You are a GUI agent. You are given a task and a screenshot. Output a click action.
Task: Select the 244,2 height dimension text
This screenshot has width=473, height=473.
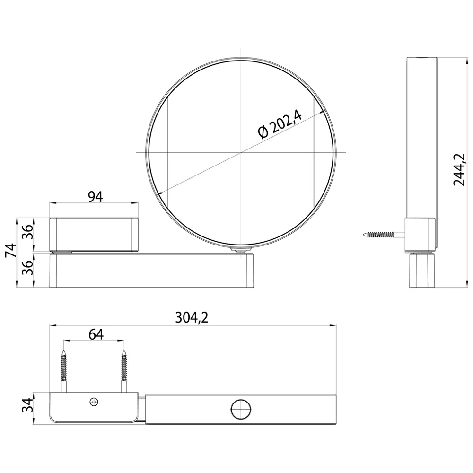point(460,169)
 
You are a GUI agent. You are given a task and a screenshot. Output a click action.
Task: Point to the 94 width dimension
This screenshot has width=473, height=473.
point(95,196)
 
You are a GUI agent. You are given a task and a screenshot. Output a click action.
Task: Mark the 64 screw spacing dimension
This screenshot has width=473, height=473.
point(96,333)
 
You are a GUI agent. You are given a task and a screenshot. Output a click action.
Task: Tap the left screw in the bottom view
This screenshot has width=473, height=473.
point(63,368)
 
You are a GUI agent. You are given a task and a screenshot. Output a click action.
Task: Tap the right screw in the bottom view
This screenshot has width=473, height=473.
point(124,368)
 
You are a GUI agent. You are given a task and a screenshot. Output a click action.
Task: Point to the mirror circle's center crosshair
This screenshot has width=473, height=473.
point(241,152)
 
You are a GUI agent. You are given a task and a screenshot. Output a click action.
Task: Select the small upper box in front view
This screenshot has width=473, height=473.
point(94,233)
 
